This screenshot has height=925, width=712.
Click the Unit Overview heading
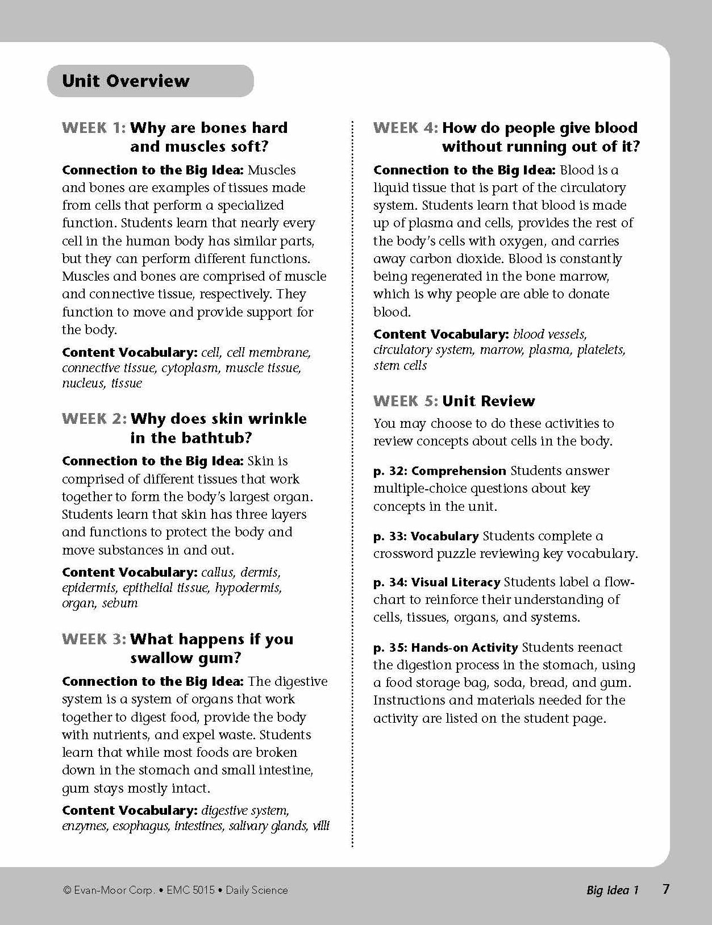[126, 81]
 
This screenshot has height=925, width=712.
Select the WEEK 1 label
[94, 128]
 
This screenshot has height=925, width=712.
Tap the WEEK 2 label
[94, 419]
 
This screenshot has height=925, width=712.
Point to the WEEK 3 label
[94, 639]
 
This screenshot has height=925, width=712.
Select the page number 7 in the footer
[666, 889]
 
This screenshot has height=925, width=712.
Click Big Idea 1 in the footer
[613, 890]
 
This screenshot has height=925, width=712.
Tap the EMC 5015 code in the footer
[191, 890]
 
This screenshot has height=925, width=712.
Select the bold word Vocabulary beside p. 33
[444, 536]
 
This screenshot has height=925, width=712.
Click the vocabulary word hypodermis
[248, 588]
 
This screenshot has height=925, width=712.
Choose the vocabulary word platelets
[601, 350]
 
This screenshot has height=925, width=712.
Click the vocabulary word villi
[320, 826]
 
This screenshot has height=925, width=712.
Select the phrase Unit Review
[488, 401]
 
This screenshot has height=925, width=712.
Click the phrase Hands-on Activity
[464, 648]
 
